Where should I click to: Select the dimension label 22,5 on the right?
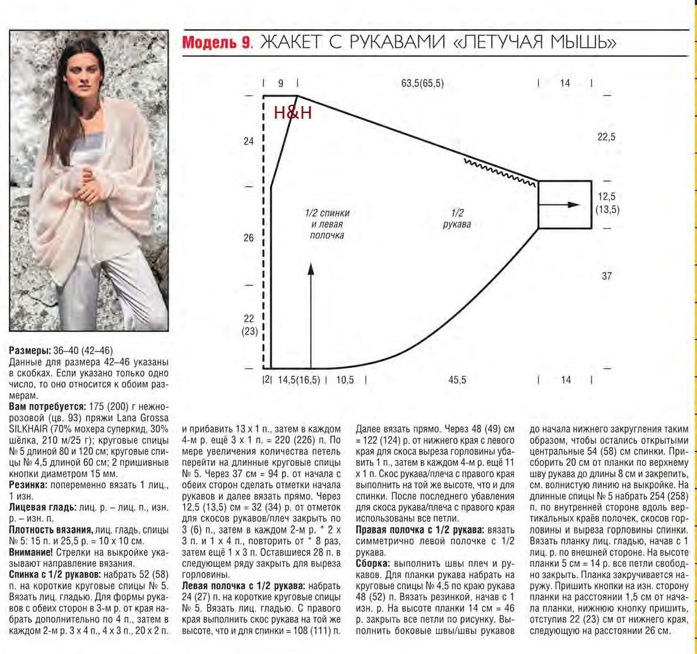[x=606, y=137]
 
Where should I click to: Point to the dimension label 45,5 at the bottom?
[x=457, y=380]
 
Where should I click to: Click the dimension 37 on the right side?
[x=607, y=276]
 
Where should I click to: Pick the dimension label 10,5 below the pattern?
[x=345, y=380]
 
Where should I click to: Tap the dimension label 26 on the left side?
[x=248, y=238]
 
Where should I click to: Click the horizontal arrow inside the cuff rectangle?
[x=566, y=205]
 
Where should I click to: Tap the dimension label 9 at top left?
[x=280, y=83]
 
